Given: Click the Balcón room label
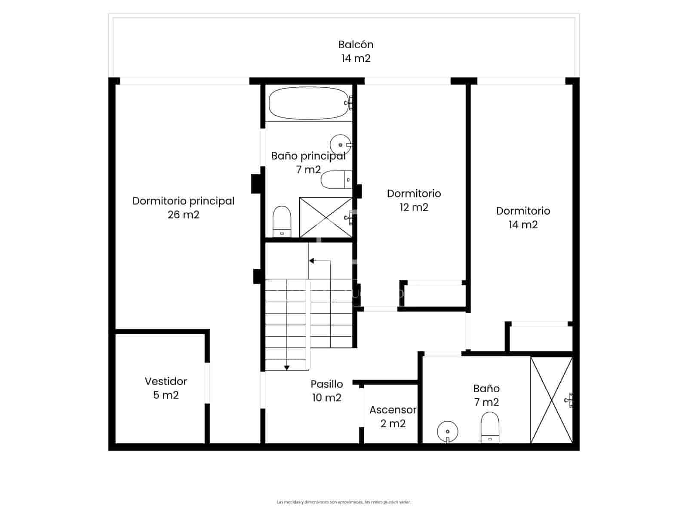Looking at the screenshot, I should click(x=356, y=45).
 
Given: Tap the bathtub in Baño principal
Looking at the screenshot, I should click(x=308, y=103).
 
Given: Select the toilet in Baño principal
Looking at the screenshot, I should click(x=282, y=221).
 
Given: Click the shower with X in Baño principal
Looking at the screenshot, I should click(x=326, y=217).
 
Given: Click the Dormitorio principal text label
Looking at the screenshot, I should click(x=183, y=201).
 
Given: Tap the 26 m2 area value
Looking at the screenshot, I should click(x=183, y=215).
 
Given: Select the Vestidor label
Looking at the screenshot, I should click(x=166, y=381).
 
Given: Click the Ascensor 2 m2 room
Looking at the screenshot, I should click(x=392, y=416).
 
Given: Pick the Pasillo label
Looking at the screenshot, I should click(x=327, y=384).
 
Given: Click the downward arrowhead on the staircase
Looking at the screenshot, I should click(x=287, y=368).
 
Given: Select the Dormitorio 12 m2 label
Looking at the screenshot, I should click(x=414, y=200).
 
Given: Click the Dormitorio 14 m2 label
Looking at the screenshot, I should click(x=523, y=218).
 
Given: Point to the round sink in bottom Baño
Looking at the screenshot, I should click(x=448, y=431).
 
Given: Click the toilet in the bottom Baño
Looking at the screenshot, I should click(x=490, y=427).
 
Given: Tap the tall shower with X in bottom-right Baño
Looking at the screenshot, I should click(x=551, y=400).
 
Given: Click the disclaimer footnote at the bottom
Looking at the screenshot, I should click(x=344, y=502).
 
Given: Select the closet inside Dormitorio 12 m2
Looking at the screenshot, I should click(x=434, y=296).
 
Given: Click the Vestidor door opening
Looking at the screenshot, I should click(x=207, y=383).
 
